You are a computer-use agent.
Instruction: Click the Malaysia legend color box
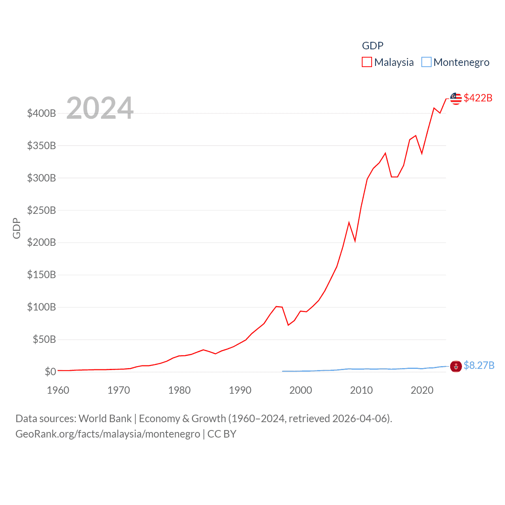[367, 62]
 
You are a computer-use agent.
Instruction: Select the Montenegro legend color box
[426, 62]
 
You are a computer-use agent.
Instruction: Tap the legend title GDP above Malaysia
[372, 46]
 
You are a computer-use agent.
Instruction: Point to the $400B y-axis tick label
[41, 114]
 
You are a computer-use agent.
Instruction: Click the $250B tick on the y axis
[41, 210]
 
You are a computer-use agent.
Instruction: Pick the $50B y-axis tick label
[44, 339]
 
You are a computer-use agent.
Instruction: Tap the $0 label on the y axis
[50, 372]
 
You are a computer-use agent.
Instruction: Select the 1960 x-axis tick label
[58, 390]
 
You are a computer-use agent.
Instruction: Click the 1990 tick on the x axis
[240, 390]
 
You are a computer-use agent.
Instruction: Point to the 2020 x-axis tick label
[422, 390]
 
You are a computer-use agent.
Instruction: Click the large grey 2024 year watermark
[100, 108]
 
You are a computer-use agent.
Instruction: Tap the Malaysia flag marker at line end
[456, 99]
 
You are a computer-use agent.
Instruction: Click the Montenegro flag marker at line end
[456, 367]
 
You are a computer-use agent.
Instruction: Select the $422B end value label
[478, 98]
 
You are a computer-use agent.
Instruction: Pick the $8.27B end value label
[479, 365]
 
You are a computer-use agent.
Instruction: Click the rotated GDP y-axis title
[17, 228]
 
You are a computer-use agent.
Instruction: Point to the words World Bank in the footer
[105, 419]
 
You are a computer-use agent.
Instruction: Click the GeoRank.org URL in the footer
[108, 434]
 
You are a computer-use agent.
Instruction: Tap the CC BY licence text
[222, 434]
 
